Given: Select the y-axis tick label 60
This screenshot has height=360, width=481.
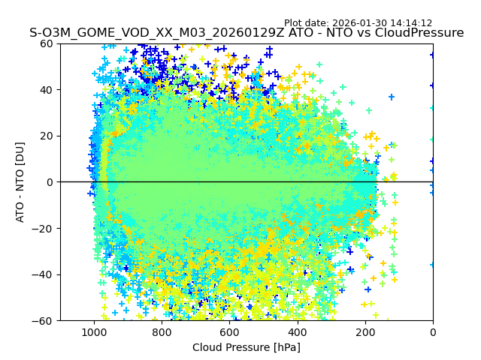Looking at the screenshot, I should pos(47,43).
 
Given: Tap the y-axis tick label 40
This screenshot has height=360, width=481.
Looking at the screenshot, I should pos(47,90).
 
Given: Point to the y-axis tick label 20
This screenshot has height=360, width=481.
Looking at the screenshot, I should pos(47,136).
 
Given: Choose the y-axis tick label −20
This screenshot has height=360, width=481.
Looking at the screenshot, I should pos(44,229).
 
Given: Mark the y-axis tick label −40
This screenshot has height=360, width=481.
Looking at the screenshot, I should pos(44,274).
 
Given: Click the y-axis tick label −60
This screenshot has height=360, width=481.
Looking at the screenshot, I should pos(44,321).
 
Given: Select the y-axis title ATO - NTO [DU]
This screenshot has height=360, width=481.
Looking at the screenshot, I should pos(20,182).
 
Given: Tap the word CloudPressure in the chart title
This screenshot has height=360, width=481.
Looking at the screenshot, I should pos(418,33).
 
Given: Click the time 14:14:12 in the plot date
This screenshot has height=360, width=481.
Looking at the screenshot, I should pos(410,23).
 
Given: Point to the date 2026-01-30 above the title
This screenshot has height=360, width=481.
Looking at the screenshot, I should pos(358,23).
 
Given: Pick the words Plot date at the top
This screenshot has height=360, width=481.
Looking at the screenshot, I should pos(305,23).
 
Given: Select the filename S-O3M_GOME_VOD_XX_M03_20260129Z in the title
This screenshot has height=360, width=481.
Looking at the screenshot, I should pos(149,33).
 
